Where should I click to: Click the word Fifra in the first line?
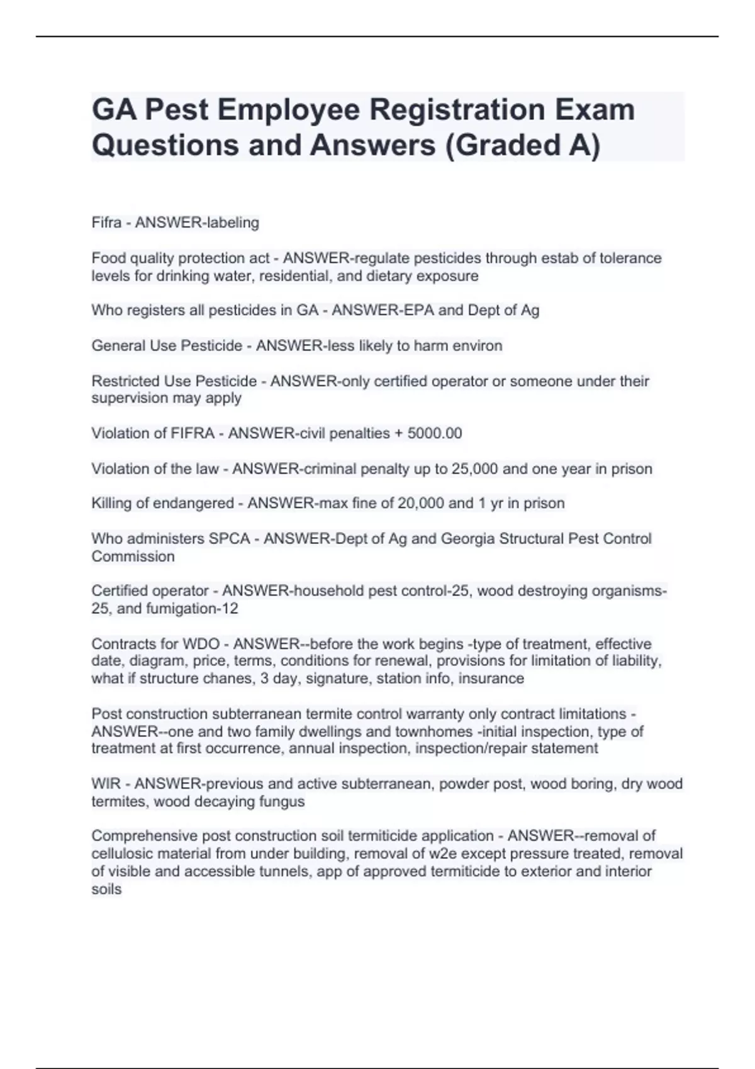tap(106, 223)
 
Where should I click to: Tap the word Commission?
tap(133, 557)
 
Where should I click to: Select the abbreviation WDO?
tap(201, 644)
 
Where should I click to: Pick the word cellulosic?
tap(122, 854)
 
